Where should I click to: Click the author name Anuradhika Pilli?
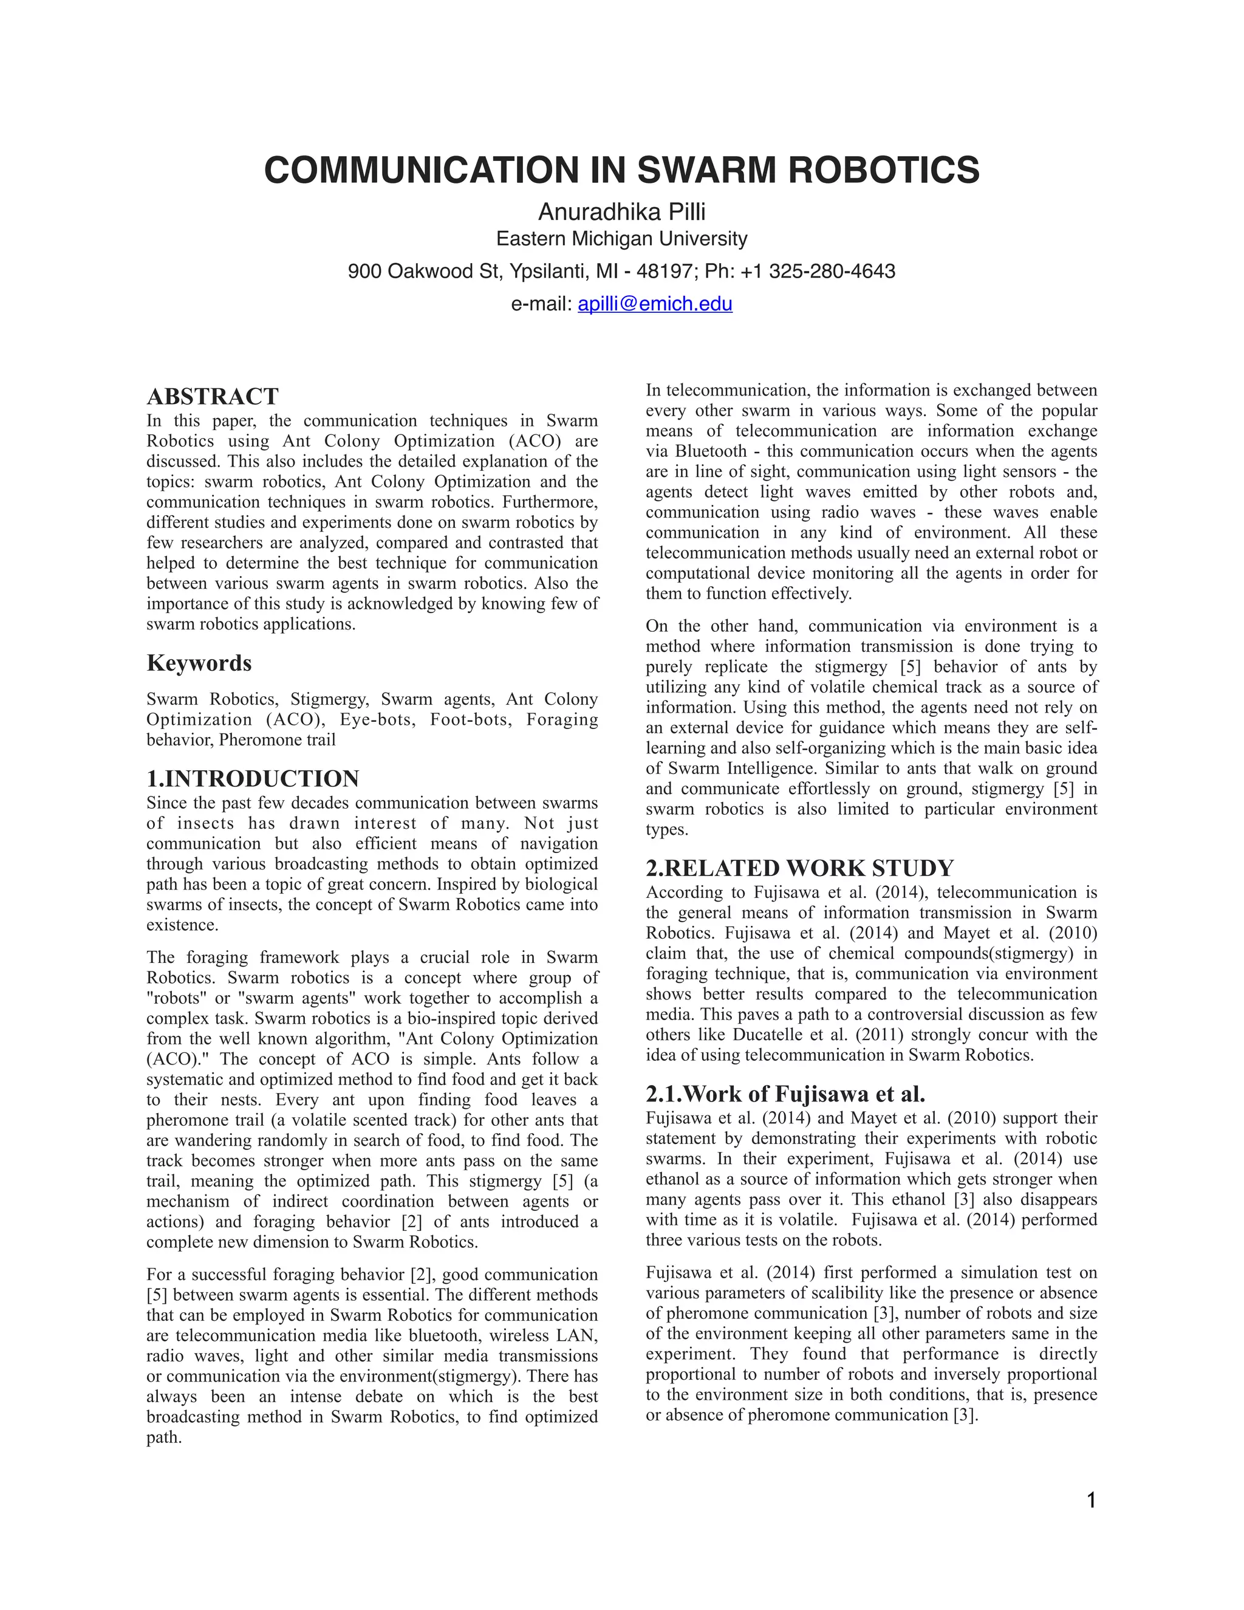pos(621,212)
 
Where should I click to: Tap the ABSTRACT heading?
pos(212,397)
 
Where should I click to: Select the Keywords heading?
pos(199,663)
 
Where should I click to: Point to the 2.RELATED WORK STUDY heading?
pos(799,868)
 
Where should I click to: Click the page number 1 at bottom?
pos(1092,1500)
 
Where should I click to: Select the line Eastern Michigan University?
pos(621,239)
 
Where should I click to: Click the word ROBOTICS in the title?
pos(884,170)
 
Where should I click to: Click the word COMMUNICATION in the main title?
pos(422,170)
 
